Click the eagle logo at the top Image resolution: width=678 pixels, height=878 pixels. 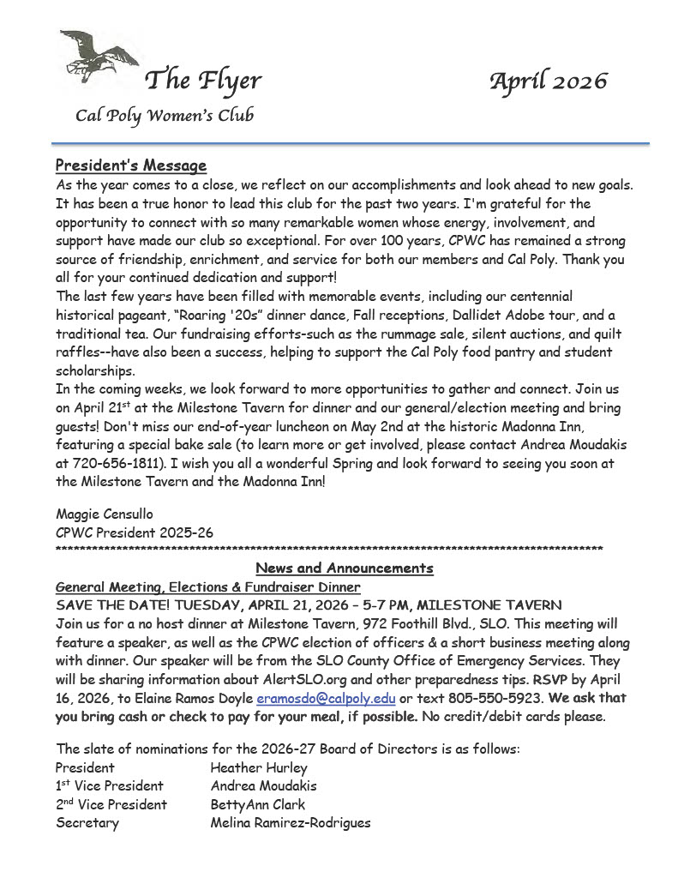(x=97, y=57)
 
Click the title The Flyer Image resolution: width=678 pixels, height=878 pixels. (x=203, y=81)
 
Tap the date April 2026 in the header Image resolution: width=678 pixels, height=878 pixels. (x=548, y=81)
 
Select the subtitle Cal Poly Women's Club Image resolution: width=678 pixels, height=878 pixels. (x=164, y=116)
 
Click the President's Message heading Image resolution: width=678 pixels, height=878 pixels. (x=130, y=165)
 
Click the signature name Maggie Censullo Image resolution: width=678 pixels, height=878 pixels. (x=104, y=514)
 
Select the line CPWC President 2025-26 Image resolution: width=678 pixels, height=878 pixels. (x=134, y=532)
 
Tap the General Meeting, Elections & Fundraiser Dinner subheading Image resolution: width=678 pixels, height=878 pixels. (x=207, y=587)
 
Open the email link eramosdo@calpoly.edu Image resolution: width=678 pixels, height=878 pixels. (x=326, y=699)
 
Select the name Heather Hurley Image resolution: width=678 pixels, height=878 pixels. (x=258, y=767)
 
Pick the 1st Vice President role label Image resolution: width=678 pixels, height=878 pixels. (x=109, y=786)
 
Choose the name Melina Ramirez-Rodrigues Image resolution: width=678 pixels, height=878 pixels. (x=291, y=823)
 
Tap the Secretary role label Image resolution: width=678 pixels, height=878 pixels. (x=87, y=823)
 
